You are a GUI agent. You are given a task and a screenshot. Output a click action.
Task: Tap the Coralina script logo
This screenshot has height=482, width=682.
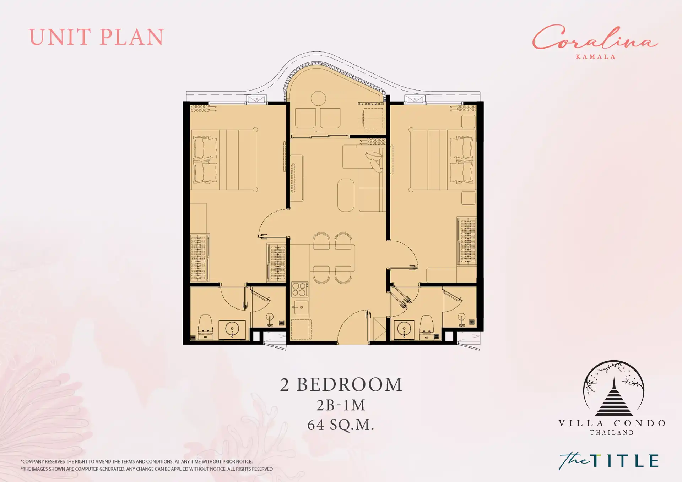tap(595, 38)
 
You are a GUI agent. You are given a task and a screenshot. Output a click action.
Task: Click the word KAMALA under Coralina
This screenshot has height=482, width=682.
tap(595, 57)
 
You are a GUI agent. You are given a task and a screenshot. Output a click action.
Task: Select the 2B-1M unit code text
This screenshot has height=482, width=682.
tap(341, 405)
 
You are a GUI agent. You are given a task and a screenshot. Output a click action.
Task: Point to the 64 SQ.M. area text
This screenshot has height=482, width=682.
tap(341, 425)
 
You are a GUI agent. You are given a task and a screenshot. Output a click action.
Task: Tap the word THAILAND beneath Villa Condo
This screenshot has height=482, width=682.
tap(612, 433)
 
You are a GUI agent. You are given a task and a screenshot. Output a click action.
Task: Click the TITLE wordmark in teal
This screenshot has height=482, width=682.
tap(625, 461)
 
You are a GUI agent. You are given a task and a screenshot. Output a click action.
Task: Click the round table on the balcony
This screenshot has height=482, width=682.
tap(318, 99)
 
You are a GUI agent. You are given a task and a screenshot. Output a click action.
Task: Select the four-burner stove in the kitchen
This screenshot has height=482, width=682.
tap(299, 289)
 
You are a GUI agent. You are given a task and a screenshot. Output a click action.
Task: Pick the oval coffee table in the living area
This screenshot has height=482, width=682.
tap(346, 195)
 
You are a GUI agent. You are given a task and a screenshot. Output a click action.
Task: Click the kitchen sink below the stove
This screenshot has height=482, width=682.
tap(301, 307)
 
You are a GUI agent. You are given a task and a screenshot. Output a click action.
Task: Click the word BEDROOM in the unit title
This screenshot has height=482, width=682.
tap(350, 384)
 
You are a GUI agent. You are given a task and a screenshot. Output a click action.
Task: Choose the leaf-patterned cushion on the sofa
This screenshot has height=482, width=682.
tap(374, 161)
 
